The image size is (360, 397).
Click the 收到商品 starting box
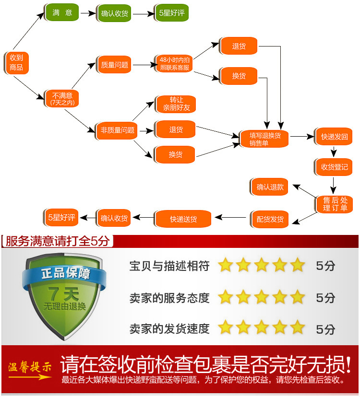[16, 62]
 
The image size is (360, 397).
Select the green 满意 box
[62, 12]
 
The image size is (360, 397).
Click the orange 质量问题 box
[115, 65]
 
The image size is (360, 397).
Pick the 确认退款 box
[270, 187]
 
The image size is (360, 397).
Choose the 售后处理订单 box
[335, 204]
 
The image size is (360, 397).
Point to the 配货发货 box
[270, 219]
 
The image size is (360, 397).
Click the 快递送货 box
[183, 219]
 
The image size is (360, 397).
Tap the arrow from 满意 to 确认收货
[88, 13]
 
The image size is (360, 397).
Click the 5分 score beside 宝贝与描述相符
[325, 266]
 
